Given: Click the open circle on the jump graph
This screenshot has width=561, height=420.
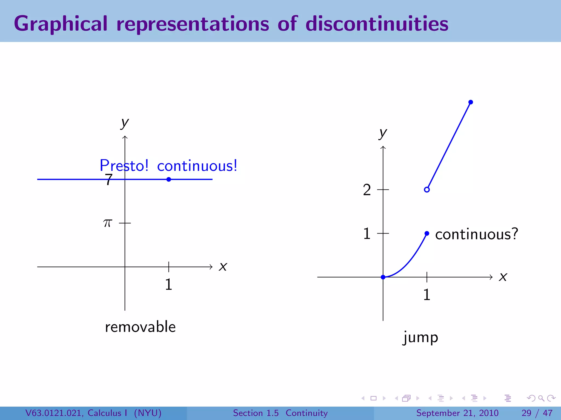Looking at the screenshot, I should [x=427, y=189].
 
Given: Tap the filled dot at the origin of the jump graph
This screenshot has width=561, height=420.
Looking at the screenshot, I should [x=383, y=277].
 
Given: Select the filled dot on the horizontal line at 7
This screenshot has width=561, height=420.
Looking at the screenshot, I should [x=169, y=179].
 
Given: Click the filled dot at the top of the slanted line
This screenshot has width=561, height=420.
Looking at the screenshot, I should [x=471, y=102].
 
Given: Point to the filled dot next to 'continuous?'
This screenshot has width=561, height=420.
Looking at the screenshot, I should [x=427, y=233].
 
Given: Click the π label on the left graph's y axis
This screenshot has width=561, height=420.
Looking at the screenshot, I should [x=108, y=223].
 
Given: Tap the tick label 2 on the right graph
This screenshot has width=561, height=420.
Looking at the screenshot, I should [x=367, y=190].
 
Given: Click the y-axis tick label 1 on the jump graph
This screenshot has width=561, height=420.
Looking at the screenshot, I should [x=367, y=234].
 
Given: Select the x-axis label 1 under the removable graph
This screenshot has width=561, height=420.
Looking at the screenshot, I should [x=168, y=284].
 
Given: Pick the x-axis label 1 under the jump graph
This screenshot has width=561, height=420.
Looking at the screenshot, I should [x=427, y=295].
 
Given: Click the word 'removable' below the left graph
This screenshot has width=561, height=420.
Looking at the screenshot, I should [x=140, y=327].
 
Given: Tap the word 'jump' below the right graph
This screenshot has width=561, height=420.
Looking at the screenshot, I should [x=420, y=338].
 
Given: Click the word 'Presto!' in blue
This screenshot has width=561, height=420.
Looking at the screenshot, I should [x=124, y=166].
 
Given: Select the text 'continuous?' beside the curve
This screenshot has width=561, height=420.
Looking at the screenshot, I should [x=477, y=234].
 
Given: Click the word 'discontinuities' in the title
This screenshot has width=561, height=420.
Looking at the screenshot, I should [x=377, y=24].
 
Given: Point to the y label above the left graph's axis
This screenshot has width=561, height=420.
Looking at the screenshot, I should [x=125, y=123].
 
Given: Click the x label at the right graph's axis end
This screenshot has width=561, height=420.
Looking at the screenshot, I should [x=503, y=277].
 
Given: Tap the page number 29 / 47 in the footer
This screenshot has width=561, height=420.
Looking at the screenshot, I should [x=537, y=413].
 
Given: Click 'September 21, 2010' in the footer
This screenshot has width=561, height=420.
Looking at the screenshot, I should [x=457, y=413].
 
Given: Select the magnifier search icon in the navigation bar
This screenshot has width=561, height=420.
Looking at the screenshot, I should [x=541, y=398].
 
